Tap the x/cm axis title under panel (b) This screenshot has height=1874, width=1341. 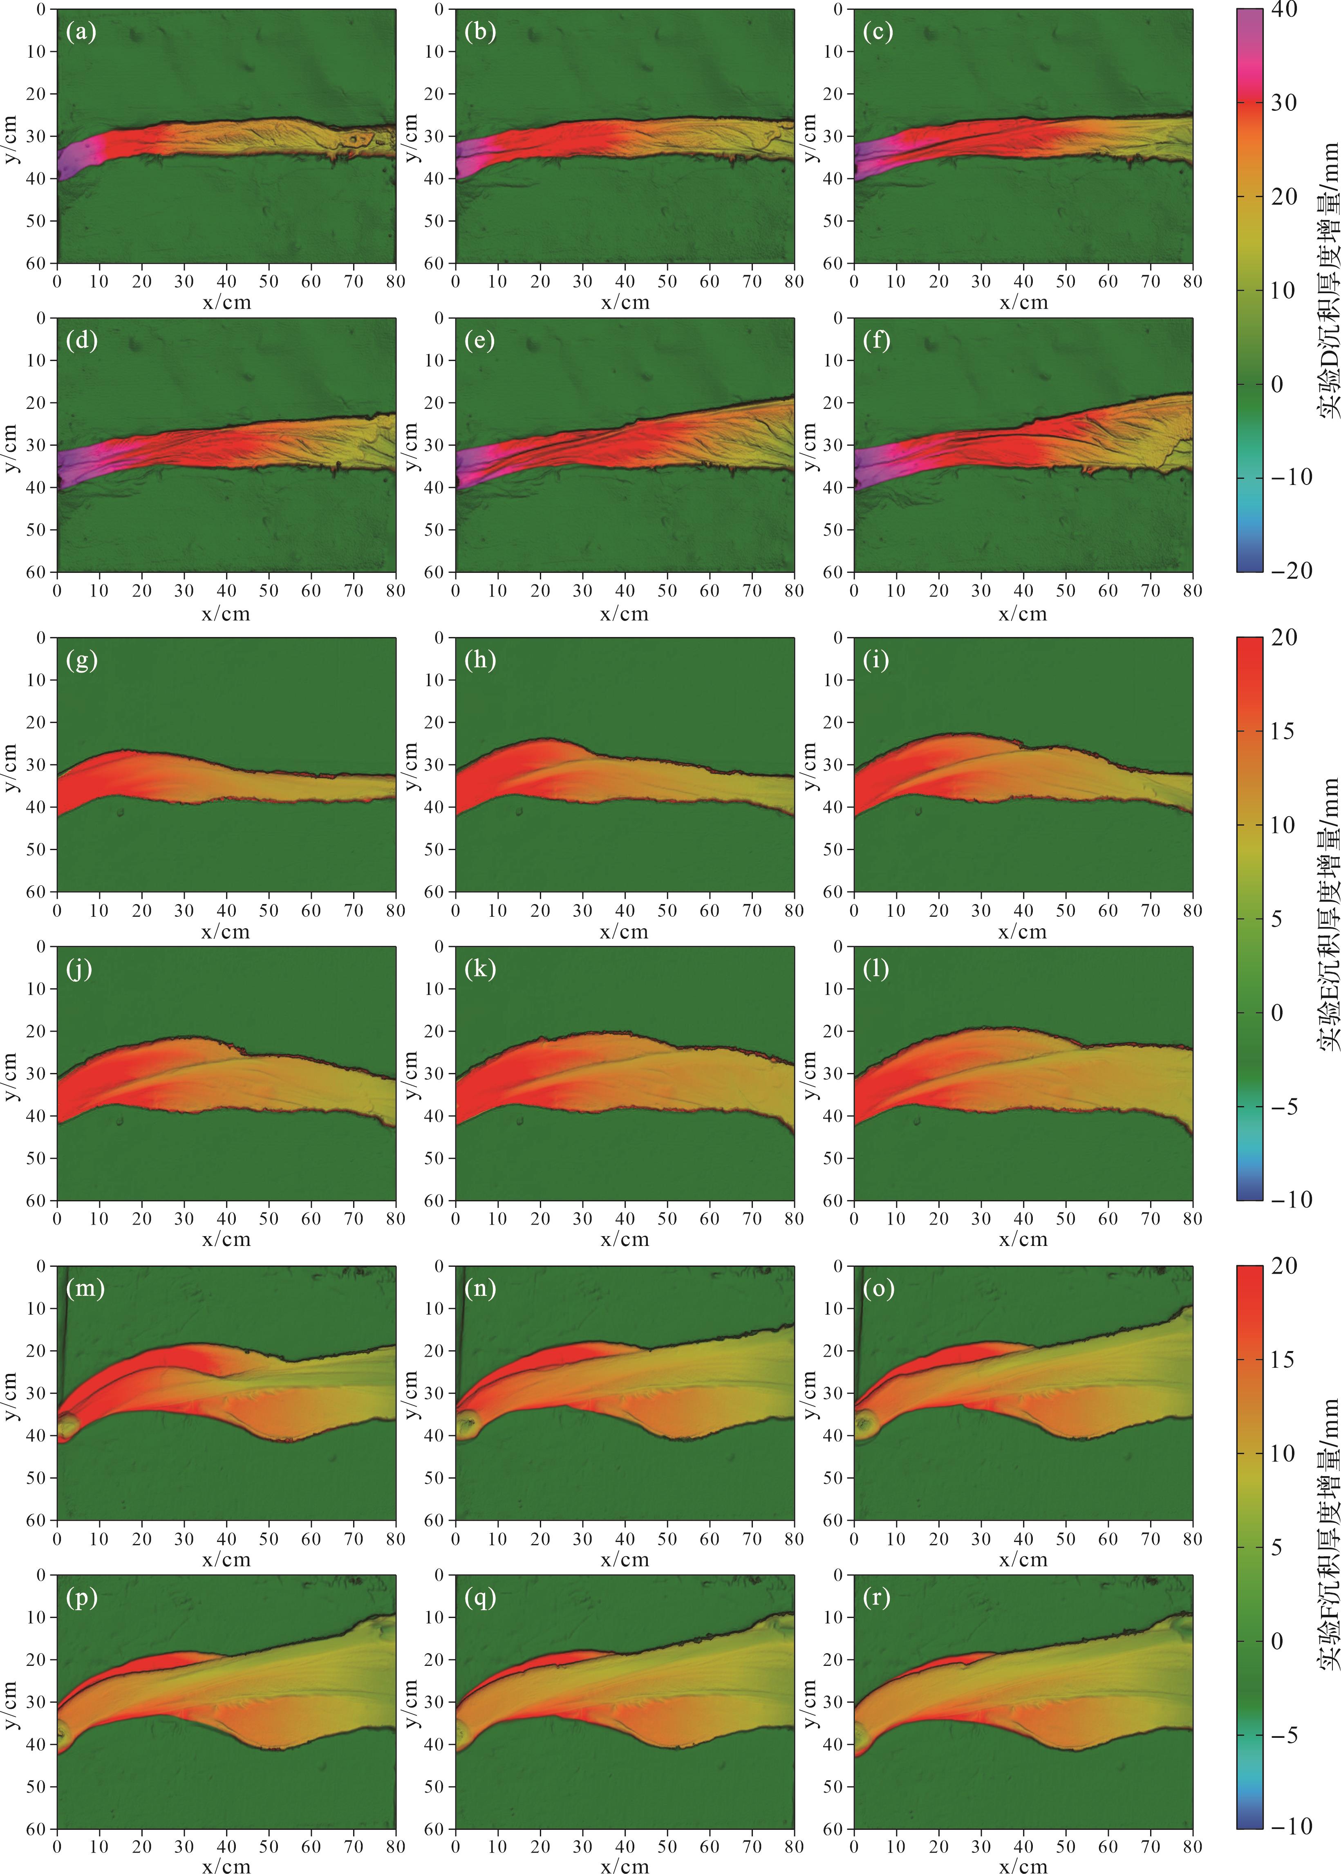coord(625,302)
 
